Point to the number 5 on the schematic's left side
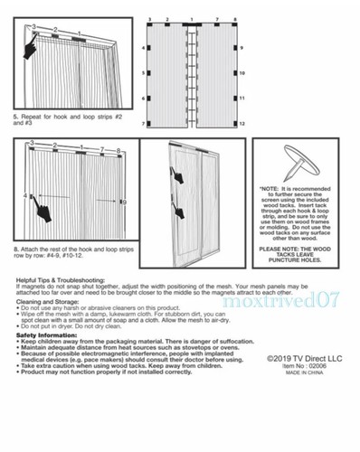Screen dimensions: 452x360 (144, 72)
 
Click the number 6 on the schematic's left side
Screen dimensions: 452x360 (144, 98)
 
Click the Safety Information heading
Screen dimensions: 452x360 (44, 334)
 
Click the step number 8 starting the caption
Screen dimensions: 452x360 (17, 247)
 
